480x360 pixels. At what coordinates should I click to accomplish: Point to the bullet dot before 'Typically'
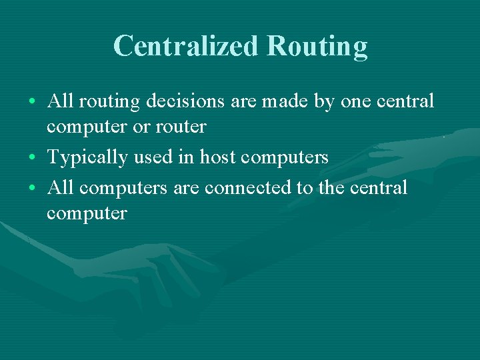tap(33, 158)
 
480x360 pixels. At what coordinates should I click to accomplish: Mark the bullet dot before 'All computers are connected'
tap(33, 189)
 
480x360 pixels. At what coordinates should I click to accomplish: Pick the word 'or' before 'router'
tap(142, 126)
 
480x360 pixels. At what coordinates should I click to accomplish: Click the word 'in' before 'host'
tap(188, 157)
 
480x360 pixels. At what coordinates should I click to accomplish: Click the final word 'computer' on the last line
tap(87, 213)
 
